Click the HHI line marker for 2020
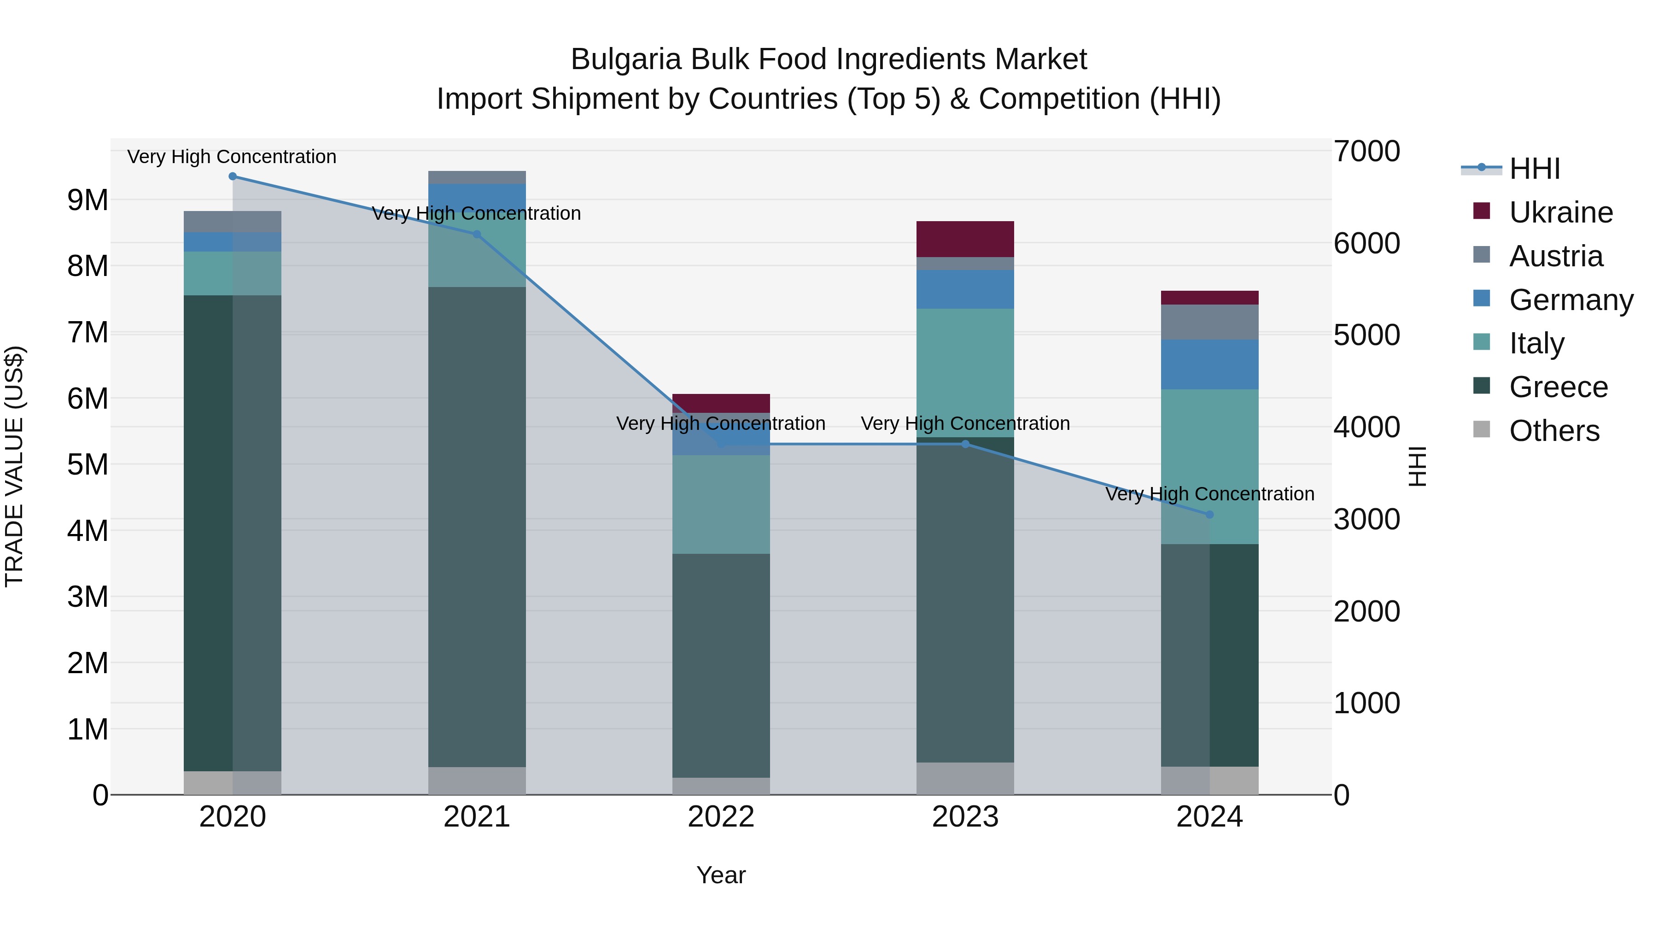(233, 176)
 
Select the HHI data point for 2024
(1209, 515)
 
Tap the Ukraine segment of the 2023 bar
(965, 239)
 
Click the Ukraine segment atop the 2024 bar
(1209, 298)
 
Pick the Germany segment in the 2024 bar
(1209, 364)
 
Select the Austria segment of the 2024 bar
(1209, 322)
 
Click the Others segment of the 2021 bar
(477, 780)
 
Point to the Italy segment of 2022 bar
(721, 504)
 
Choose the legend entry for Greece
(1558, 387)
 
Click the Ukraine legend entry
(1560, 212)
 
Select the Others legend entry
(1554, 431)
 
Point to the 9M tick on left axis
(88, 200)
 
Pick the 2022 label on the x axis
(721, 817)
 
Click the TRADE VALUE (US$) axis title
(14, 466)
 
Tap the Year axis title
(721, 875)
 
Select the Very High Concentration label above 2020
(232, 157)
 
